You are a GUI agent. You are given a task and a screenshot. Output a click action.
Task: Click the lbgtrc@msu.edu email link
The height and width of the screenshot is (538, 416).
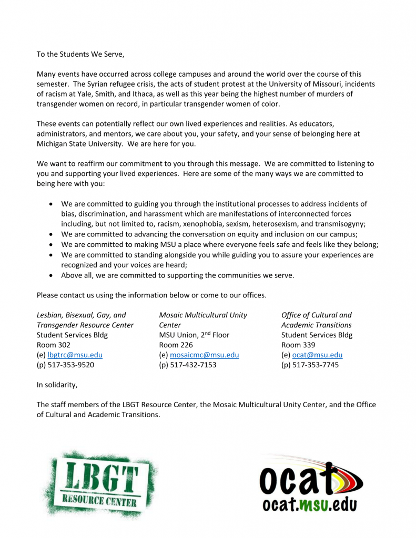[x=78, y=355]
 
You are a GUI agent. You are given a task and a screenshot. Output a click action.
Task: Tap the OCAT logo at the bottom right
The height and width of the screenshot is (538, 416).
[x=310, y=484]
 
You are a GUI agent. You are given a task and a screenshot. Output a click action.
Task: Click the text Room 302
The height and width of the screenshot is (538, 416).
[x=53, y=345]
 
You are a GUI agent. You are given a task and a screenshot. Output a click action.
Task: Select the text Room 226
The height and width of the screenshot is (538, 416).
[x=176, y=345]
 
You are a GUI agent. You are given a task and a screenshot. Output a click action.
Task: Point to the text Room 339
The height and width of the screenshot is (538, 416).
[x=298, y=345]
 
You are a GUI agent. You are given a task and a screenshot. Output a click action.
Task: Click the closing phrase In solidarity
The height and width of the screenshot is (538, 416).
[x=57, y=385]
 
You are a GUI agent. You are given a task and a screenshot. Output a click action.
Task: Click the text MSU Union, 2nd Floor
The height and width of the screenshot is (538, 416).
[x=194, y=335]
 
